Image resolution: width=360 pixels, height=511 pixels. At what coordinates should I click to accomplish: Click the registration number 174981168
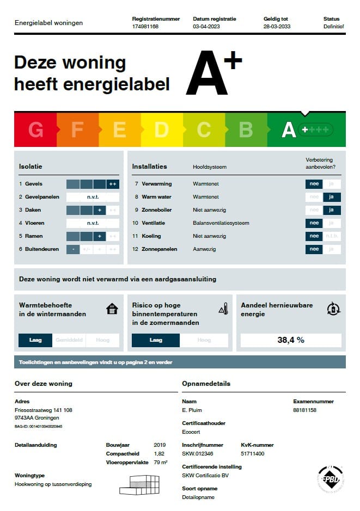(x=145, y=26)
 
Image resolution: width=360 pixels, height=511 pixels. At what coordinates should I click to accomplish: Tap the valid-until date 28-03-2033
(x=277, y=26)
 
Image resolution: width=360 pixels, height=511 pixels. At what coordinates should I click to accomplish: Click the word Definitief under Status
(x=333, y=26)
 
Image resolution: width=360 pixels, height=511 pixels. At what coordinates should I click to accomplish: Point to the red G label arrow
(x=35, y=130)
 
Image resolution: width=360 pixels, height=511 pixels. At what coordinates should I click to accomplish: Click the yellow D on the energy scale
(x=162, y=130)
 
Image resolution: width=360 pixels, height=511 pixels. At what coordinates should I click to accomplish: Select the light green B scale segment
(x=246, y=130)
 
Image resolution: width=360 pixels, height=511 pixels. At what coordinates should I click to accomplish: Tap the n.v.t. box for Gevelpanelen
(x=93, y=197)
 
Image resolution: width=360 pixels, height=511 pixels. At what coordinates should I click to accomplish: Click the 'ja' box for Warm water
(x=332, y=197)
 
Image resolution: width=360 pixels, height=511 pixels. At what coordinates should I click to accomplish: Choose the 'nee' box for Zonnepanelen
(x=314, y=249)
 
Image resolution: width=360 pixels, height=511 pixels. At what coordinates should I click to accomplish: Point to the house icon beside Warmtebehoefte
(x=112, y=309)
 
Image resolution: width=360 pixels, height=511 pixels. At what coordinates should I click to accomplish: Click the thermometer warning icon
(x=223, y=309)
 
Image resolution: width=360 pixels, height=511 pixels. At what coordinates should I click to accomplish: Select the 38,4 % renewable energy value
(x=291, y=340)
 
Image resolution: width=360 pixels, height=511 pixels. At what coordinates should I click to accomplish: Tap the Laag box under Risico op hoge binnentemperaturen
(x=156, y=340)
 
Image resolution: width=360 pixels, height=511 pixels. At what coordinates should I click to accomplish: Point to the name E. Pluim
(x=192, y=410)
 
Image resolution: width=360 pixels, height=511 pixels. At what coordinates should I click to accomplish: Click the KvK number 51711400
(x=252, y=453)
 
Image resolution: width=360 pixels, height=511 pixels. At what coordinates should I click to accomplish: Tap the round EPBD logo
(x=330, y=479)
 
